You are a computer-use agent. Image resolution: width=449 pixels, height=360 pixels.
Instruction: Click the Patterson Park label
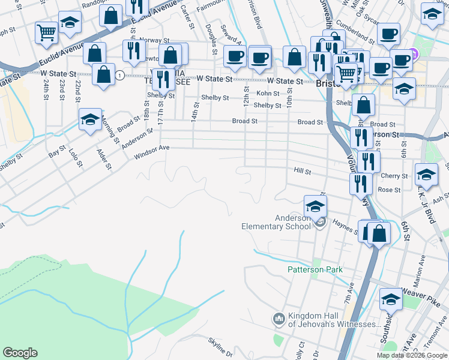(x=315, y=270)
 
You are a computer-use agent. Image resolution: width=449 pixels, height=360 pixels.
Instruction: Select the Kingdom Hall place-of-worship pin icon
(x=278, y=318)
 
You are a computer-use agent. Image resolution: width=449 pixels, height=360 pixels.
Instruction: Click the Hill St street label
(x=302, y=172)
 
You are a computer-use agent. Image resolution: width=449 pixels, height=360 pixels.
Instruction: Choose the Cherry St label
(x=394, y=176)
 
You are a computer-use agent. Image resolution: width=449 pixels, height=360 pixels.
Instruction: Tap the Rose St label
(x=389, y=190)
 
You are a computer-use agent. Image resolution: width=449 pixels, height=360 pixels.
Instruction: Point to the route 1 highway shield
(x=121, y=76)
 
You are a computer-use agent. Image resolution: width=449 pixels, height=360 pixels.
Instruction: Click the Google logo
(x=20, y=353)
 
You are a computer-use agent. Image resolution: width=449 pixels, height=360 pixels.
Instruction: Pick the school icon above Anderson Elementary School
(x=315, y=208)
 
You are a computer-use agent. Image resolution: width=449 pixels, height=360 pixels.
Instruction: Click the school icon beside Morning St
(x=90, y=120)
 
